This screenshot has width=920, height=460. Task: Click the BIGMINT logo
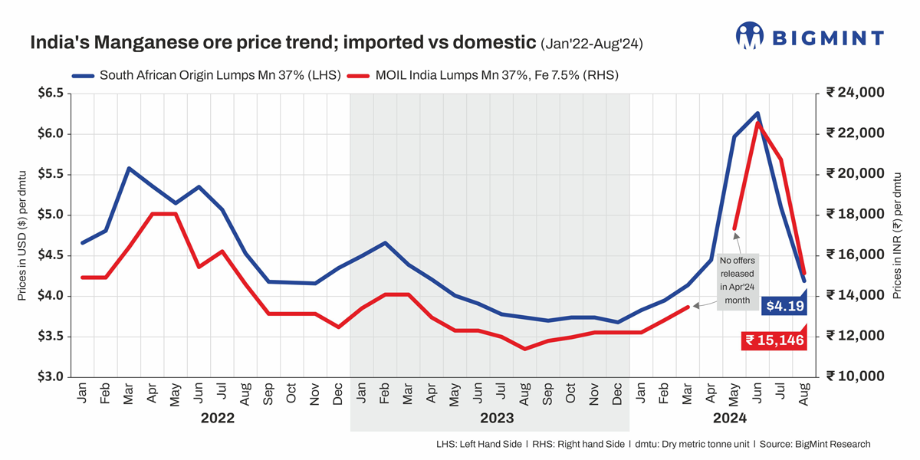pos(810,37)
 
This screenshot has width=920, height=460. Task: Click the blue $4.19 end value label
pos(784,306)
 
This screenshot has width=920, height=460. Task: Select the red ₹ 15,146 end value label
pos(774,340)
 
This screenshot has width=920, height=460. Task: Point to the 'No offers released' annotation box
pos(738,281)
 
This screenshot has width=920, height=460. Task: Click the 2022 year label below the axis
pos(218,419)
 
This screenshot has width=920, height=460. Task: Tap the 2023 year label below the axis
pos(496,419)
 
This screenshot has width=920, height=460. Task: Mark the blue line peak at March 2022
pos(129,168)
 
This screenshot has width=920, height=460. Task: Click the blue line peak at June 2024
pos(757,113)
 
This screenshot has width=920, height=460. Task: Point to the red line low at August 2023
pos(524,349)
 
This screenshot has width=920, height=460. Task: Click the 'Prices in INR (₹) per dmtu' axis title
pos(897,234)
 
